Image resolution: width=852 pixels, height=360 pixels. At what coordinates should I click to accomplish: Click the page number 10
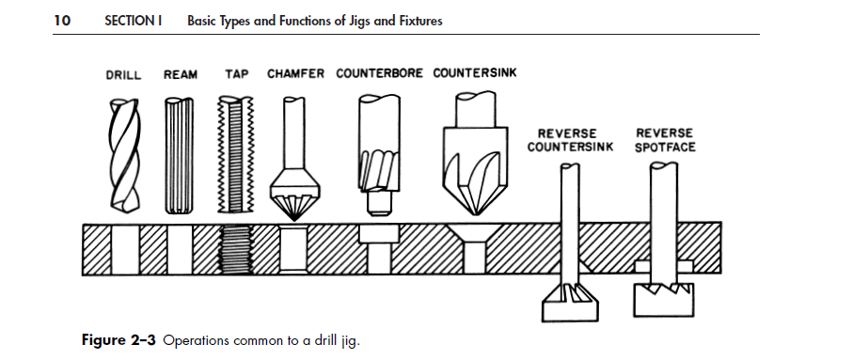pyautogui.click(x=62, y=21)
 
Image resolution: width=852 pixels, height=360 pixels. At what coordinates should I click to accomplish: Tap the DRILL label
pyautogui.click(x=123, y=74)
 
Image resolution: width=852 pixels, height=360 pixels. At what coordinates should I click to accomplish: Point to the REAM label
pyautogui.click(x=181, y=74)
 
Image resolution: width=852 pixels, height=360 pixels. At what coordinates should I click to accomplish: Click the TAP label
pyautogui.click(x=236, y=74)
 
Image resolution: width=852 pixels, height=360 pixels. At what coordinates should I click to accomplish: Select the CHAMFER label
pyautogui.click(x=296, y=73)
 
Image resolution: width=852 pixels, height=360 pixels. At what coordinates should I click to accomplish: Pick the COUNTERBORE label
pyautogui.click(x=380, y=73)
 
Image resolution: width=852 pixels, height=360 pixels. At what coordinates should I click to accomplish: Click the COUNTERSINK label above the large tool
pyautogui.click(x=475, y=73)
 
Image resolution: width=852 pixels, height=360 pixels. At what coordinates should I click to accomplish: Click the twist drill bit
pyautogui.click(x=123, y=155)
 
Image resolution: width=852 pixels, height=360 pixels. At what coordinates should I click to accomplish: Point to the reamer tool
pyautogui.click(x=181, y=155)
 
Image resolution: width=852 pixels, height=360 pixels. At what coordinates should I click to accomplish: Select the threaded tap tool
pyautogui.click(x=235, y=155)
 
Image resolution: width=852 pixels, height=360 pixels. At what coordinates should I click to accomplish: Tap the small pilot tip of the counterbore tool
pyautogui.click(x=378, y=201)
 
